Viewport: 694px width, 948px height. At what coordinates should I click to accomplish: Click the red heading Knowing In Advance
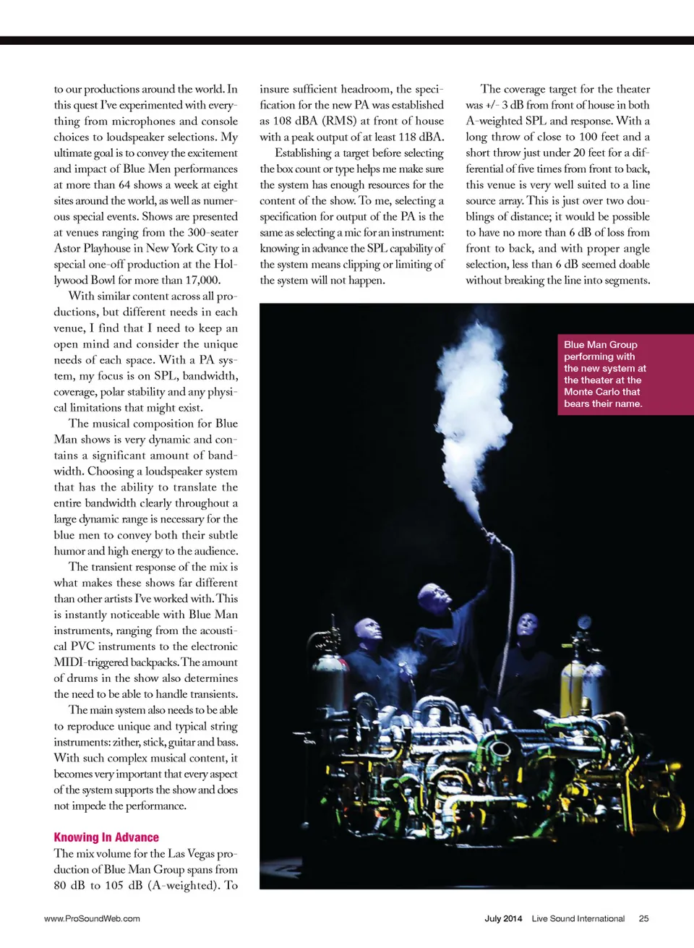click(x=106, y=837)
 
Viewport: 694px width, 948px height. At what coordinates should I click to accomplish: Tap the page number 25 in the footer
click(x=643, y=918)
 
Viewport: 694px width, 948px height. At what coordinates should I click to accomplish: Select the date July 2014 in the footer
click(x=503, y=918)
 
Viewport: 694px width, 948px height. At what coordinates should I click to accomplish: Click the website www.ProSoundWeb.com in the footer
click(x=92, y=918)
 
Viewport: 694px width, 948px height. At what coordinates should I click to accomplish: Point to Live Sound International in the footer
click(x=578, y=918)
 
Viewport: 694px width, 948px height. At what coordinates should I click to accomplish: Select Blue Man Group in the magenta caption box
click(x=601, y=345)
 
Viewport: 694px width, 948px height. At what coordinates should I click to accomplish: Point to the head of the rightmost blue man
click(x=528, y=623)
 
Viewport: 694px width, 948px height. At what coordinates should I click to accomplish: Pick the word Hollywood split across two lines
click(x=223, y=265)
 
